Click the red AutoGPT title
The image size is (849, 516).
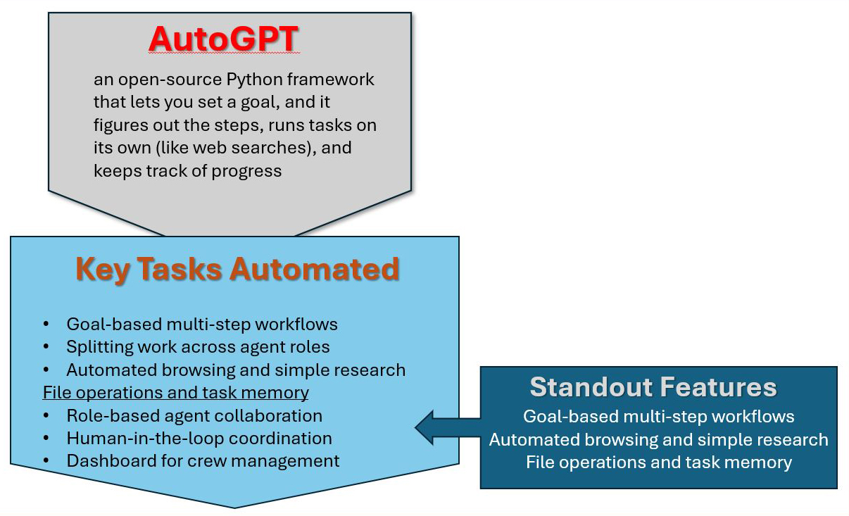point(224,40)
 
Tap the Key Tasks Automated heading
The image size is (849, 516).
point(237,269)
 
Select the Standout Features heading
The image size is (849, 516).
point(653,387)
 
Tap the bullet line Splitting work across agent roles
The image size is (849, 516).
point(198,347)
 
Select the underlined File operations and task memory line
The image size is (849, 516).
point(175,393)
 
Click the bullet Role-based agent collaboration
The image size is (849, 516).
point(194,415)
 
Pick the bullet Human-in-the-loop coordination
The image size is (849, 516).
point(199,438)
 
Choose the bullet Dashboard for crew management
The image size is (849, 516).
point(203,461)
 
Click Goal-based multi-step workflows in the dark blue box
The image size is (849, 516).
point(659,417)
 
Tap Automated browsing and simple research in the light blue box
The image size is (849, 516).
point(236,370)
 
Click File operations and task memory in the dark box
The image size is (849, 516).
point(659,462)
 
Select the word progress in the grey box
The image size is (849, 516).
point(250,171)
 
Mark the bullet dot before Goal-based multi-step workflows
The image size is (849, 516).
point(46,325)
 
